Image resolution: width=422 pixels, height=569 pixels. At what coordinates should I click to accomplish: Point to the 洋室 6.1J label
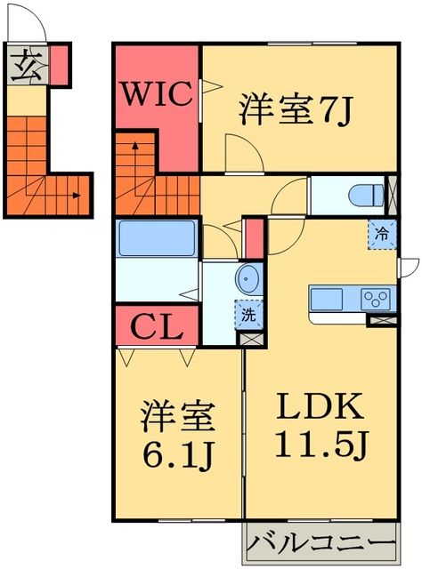click(176, 436)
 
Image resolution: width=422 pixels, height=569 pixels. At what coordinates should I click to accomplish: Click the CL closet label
click(157, 328)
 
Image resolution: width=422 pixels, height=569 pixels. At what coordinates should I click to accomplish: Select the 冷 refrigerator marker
click(380, 236)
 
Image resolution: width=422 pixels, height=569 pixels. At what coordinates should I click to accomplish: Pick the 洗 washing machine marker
click(248, 313)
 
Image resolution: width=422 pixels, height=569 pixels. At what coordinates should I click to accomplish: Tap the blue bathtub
click(158, 238)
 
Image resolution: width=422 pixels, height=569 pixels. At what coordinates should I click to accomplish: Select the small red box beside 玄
click(59, 63)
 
